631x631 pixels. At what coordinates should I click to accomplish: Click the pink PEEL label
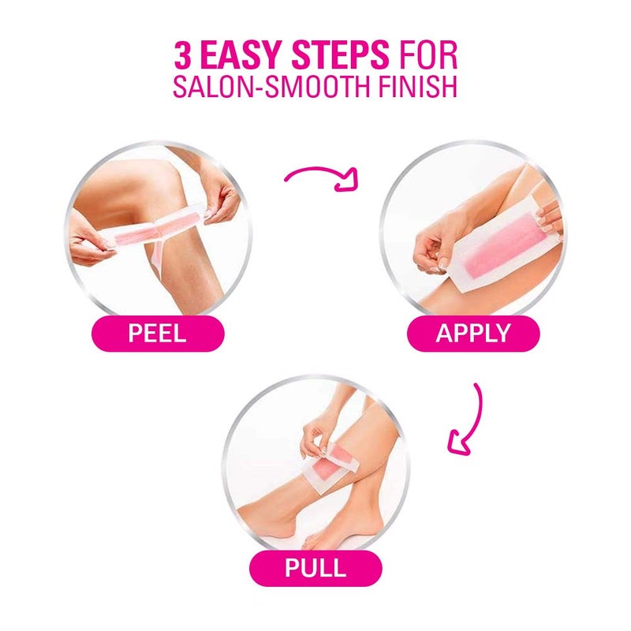(157, 332)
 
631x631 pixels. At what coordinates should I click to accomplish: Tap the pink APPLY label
(472, 332)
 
